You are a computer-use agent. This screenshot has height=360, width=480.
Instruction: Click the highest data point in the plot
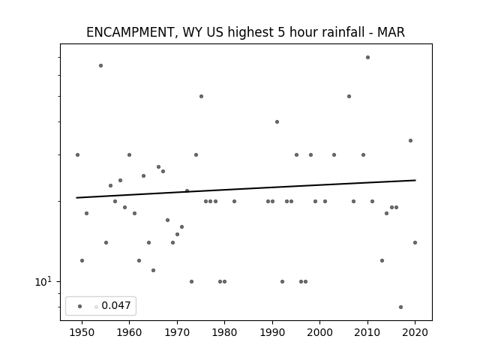367,57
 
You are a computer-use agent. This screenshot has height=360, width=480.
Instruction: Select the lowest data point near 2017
400,307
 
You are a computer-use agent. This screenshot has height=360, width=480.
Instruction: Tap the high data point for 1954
100,65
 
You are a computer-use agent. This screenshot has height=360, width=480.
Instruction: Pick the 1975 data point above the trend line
201,97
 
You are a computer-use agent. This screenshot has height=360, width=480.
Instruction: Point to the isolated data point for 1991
277,121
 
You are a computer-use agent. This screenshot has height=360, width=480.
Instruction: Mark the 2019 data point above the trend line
410,140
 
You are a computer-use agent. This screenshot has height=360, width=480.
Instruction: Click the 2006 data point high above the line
349,97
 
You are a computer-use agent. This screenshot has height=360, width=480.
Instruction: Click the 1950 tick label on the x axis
82,332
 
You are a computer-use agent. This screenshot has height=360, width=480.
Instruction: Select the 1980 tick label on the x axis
224,332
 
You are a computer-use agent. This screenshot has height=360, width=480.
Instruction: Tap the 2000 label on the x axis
319,332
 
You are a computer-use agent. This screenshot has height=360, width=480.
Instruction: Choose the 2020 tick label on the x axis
415,332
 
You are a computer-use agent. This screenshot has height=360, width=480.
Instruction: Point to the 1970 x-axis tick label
177,332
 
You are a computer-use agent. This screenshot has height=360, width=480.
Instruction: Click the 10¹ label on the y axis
43,282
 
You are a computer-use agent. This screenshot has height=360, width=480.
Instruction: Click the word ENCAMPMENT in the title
130,32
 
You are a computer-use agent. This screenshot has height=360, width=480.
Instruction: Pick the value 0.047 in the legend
116,305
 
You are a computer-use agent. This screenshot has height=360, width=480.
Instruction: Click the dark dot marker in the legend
80,306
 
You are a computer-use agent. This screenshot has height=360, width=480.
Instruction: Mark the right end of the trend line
415,180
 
